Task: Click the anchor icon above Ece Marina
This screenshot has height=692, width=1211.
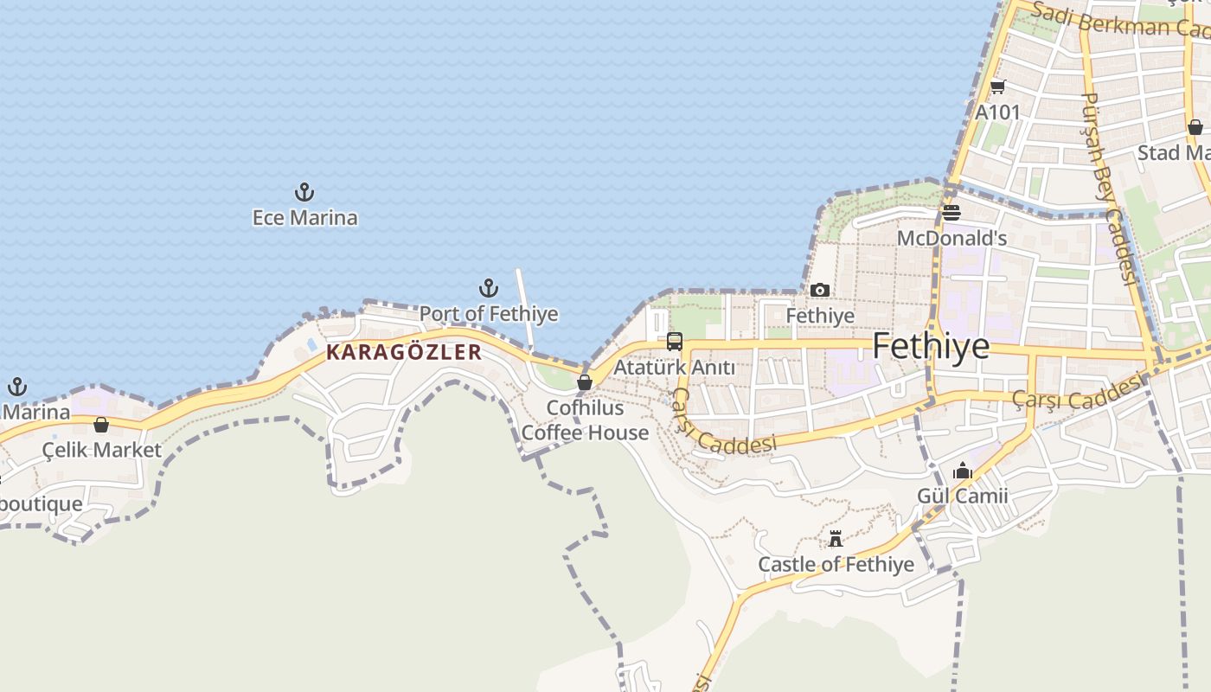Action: coord(304,192)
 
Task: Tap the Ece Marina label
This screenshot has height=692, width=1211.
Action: coord(304,217)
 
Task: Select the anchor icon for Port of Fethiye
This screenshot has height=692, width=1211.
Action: coord(489,288)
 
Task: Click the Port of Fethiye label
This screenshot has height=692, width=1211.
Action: coord(489,313)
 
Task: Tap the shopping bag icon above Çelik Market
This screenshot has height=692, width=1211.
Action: coord(101,425)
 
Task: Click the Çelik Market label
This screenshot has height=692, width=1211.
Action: coord(102,450)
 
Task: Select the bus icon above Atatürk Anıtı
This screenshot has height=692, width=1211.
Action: coord(675,342)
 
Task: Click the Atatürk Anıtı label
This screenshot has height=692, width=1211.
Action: coord(674,368)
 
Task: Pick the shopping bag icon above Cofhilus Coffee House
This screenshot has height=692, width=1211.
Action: coord(585,381)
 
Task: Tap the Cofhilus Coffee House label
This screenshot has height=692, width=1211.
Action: coord(585,420)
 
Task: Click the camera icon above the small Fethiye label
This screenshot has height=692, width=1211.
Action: coord(820,291)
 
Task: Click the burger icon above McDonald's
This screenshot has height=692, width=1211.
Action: coord(951,213)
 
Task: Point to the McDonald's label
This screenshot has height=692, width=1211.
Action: coord(951,238)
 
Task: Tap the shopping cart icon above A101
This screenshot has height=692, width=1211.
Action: coord(998,86)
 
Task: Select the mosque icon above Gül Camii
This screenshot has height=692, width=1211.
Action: coord(963,471)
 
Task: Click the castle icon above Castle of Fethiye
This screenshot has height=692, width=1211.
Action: coord(836,539)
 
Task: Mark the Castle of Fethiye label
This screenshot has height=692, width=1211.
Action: coord(836,565)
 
